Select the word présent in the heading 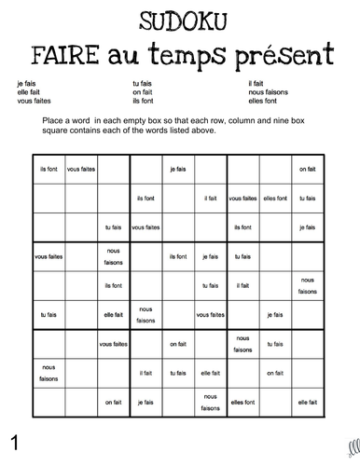point(284,52)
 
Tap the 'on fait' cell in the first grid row point(307,169)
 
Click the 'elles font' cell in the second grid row point(275,198)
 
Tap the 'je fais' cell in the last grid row point(145,403)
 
